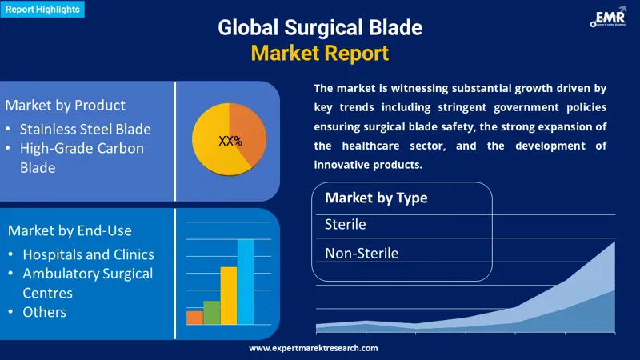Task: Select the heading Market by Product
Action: pyautogui.click(x=65, y=105)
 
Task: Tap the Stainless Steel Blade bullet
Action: pyautogui.click(x=85, y=128)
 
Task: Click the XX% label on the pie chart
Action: pyautogui.click(x=230, y=141)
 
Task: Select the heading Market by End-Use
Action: pyautogui.click(x=70, y=230)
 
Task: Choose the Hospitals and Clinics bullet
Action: pyautogui.click(x=88, y=254)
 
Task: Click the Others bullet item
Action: pyautogui.click(x=44, y=311)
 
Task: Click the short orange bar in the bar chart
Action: pyautogui.click(x=194, y=318)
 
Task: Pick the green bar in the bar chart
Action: pyautogui.click(x=211, y=312)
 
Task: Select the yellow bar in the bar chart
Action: pyautogui.click(x=229, y=295)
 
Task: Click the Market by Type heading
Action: pyautogui.click(x=376, y=198)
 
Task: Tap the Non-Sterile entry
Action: pyautogui.click(x=361, y=253)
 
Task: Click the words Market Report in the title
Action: pyautogui.click(x=319, y=54)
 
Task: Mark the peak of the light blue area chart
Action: pyautogui.click(x=614, y=243)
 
